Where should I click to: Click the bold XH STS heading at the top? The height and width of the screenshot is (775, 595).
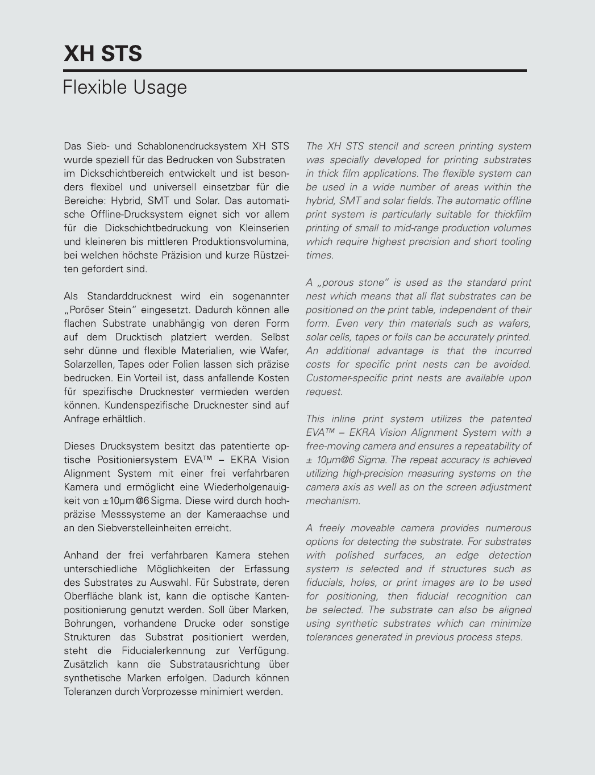[103, 53]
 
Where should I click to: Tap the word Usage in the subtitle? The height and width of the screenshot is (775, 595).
[160, 88]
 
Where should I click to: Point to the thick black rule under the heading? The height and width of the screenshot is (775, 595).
[295, 71]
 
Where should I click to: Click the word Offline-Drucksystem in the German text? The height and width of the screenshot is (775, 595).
[136, 215]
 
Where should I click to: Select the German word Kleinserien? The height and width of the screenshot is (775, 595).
[262, 228]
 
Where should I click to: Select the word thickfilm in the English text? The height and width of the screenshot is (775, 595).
[510, 215]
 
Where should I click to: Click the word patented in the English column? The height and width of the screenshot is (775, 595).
[511, 419]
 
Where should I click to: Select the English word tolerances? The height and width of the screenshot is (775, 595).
[329, 637]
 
